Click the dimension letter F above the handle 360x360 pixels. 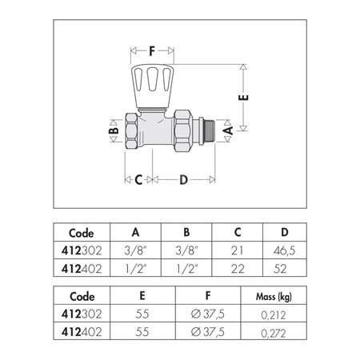coord(152,51)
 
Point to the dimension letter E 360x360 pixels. coord(243,98)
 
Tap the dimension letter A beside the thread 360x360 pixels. coord(228,130)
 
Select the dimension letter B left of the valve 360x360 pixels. coord(114,130)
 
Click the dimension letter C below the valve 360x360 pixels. coord(138,180)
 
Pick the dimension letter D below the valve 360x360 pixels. coord(183,180)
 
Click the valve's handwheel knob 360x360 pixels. coord(153,86)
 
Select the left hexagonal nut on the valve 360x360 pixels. coord(132,130)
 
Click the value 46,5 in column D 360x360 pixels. coord(284,250)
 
